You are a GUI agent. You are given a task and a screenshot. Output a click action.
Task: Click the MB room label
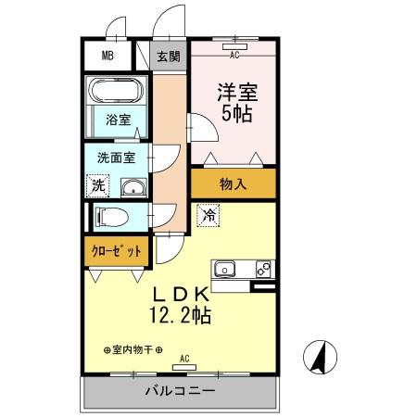click(107, 56)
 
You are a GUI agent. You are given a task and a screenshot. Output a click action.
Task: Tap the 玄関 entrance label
click(169, 57)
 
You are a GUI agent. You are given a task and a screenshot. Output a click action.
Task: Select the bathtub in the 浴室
click(116, 91)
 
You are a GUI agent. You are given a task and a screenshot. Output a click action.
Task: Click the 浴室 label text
click(119, 120)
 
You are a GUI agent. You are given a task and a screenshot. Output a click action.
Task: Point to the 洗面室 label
click(116, 158)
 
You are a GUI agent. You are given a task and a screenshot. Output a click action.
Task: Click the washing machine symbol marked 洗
click(98, 185)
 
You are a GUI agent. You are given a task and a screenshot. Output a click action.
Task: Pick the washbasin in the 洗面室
click(133, 187)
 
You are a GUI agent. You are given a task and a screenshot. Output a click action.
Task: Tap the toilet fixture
click(111, 217)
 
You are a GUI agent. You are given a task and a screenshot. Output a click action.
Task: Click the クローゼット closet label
click(117, 251)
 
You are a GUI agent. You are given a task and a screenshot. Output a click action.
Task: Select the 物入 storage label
click(233, 184)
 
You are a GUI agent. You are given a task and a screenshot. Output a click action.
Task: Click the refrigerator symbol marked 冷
click(208, 215)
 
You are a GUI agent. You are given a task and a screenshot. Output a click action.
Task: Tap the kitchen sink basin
click(225, 270)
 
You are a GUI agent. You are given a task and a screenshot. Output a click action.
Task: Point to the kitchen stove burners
click(263, 269)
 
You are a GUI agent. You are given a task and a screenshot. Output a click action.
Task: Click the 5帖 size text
click(237, 114)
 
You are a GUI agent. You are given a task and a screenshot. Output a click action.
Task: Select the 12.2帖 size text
click(181, 315)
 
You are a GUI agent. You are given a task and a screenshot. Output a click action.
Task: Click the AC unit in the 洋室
click(234, 46)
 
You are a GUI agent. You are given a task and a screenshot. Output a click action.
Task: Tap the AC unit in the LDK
click(184, 367)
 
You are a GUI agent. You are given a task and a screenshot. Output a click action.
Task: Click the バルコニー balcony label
click(181, 391)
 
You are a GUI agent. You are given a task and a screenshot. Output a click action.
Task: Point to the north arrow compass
click(320, 357)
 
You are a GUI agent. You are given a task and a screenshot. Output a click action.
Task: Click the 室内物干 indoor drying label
click(133, 350)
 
